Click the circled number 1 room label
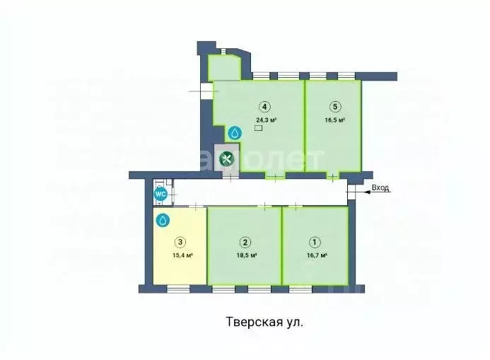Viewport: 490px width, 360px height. pos(315,240)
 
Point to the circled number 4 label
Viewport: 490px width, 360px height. pos(264,107)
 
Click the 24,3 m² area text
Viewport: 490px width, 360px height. pos(266,120)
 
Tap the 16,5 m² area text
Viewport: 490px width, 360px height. pos(334,120)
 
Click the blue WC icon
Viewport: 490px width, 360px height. pos(161,193)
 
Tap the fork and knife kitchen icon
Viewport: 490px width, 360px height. pos(227,159)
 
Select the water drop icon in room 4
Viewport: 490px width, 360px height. pos(235,133)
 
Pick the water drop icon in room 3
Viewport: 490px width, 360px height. pos(163,221)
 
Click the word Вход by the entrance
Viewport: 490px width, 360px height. pos(381,188)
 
